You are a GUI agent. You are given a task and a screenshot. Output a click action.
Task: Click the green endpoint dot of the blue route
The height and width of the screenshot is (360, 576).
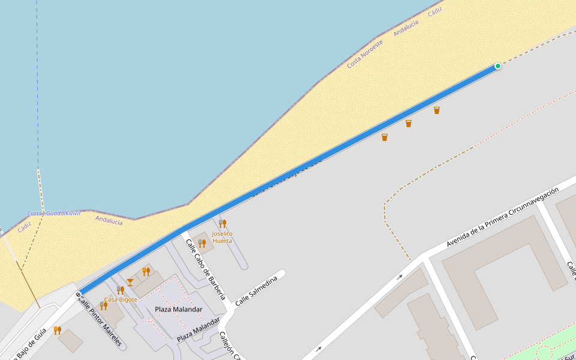click(497, 66)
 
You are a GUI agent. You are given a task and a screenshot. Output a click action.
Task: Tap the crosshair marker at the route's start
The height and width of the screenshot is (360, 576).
click(78, 295)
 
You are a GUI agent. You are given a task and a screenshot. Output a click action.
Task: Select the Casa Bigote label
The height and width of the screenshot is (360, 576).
click(121, 299)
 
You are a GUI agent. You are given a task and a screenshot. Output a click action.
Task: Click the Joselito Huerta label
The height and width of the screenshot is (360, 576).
click(222, 237)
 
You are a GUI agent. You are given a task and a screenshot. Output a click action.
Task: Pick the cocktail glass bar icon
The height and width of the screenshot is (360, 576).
click(130, 282)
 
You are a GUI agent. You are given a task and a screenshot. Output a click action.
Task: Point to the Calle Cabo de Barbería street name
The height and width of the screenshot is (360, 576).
click(205, 269)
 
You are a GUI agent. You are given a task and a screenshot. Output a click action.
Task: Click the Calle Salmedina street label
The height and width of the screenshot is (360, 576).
click(256, 292)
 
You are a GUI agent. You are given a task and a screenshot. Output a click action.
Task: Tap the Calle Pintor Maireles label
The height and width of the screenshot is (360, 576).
click(100, 322)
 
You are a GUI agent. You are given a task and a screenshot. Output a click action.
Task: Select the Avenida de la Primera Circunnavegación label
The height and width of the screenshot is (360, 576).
click(502, 218)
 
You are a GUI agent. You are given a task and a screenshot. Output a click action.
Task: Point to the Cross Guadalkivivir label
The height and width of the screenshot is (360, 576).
click(54, 214)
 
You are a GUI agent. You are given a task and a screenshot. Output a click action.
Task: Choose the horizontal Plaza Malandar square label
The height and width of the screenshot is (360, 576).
click(178, 309)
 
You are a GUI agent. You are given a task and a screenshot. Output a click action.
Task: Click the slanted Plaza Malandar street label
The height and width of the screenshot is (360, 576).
click(198, 329)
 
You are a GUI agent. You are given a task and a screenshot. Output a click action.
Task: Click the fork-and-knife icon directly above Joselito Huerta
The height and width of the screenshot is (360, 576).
click(223, 223)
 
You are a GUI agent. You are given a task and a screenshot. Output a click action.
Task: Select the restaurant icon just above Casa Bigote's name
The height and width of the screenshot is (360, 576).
click(120, 290)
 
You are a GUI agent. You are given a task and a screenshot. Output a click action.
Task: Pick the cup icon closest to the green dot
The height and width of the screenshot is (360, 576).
click(437, 110)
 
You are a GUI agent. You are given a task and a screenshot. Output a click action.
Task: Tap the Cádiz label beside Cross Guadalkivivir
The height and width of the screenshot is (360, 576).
click(25, 227)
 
